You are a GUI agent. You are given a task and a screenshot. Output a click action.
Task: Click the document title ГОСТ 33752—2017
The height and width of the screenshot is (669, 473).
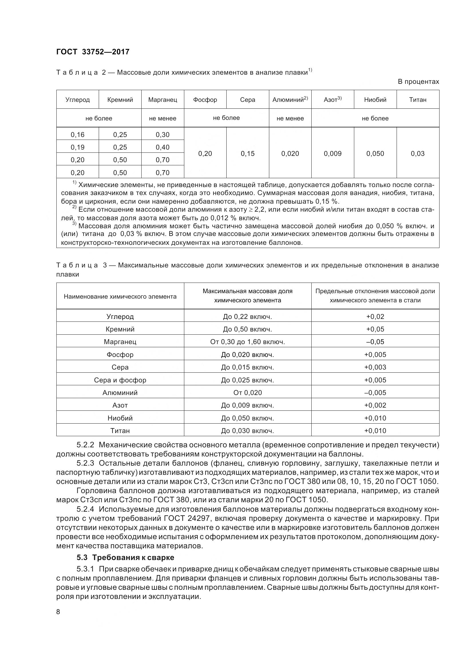click(93, 52)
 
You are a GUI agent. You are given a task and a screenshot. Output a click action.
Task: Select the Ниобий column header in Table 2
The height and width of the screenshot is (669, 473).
click(375, 100)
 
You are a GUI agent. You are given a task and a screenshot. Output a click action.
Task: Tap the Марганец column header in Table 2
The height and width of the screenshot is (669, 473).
click(163, 100)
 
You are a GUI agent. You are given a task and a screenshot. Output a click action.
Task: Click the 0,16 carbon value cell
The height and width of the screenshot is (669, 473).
click(78, 135)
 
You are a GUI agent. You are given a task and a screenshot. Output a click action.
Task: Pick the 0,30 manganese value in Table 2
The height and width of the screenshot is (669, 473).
click(163, 135)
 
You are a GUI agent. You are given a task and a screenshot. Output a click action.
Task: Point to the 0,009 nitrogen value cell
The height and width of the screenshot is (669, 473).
click(333, 154)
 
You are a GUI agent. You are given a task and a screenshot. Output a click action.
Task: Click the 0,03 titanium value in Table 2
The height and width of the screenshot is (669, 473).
click(417, 154)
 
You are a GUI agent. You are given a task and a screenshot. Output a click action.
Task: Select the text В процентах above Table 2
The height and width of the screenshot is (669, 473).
click(418, 82)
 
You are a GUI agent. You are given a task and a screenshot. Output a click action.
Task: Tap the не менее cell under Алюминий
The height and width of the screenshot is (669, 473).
click(290, 118)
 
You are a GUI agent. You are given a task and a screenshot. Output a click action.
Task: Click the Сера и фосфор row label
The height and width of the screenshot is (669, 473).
click(120, 380)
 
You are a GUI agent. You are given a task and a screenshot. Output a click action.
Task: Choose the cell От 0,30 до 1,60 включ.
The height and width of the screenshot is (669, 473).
click(248, 342)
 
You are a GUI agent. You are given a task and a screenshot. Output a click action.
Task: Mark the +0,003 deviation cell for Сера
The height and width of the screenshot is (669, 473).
click(375, 367)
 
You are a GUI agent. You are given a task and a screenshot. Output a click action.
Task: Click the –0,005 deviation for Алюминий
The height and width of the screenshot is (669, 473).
click(375, 392)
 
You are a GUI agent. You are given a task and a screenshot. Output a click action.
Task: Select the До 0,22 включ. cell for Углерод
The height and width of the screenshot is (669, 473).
click(248, 316)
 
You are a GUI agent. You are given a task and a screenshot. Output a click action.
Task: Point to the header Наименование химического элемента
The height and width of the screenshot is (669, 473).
click(120, 297)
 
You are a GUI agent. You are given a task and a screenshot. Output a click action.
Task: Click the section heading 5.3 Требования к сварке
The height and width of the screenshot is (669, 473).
click(125, 557)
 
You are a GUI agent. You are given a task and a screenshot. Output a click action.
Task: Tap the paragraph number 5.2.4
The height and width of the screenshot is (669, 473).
click(85, 509)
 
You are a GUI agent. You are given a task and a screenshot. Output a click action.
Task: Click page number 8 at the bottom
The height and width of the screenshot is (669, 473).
click(58, 612)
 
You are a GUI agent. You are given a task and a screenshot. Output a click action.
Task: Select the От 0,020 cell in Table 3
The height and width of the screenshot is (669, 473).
click(248, 392)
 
